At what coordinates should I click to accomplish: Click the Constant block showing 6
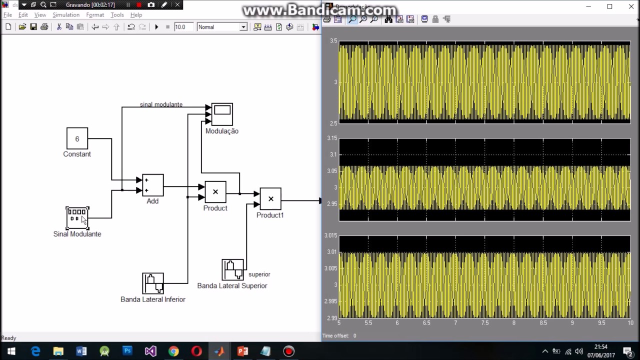[77, 138]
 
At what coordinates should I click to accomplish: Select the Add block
[152, 185]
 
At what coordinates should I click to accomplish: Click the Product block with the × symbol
[215, 192]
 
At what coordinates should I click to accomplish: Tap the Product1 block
[270, 199]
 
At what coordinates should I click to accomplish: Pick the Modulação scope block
[222, 114]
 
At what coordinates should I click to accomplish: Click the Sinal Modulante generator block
[77, 218]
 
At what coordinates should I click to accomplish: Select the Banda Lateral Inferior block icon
[152, 283]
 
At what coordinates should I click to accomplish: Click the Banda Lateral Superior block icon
[232, 270]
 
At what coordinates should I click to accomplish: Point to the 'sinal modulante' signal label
[161, 104]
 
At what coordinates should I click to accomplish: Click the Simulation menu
[66, 15]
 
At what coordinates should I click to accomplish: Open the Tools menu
[117, 15]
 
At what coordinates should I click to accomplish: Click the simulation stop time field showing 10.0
[183, 27]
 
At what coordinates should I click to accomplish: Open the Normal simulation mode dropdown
[222, 27]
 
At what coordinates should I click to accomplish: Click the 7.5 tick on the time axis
[484, 323]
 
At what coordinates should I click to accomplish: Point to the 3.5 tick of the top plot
[333, 41]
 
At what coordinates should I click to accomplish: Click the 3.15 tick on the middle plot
[331, 138]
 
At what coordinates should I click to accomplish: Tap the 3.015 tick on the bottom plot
[330, 235]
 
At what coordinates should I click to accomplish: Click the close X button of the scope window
[631, 6]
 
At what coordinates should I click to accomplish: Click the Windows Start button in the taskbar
[11, 351]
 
